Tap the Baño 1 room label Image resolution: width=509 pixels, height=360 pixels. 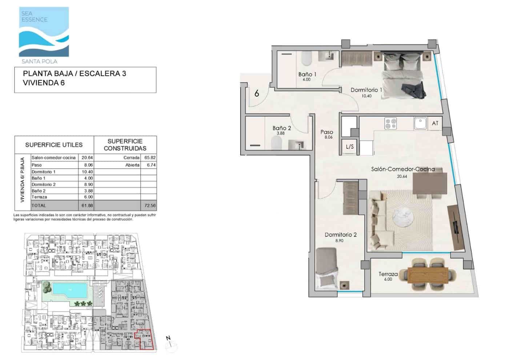(x=307, y=75)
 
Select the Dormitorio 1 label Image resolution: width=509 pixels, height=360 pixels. (x=366, y=90)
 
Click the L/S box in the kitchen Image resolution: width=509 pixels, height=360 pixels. (x=350, y=147)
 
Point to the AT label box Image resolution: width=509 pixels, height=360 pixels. (x=435, y=124)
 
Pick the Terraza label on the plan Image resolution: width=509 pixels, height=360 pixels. (x=388, y=274)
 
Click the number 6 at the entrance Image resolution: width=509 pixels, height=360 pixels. (x=257, y=93)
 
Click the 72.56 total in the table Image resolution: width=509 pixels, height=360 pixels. (x=149, y=205)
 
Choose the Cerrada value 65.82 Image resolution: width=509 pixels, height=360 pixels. (x=149, y=158)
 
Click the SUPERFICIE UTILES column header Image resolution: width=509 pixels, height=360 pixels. (x=54, y=145)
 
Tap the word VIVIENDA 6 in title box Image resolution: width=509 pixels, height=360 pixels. (x=44, y=83)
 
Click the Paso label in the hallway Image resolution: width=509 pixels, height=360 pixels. (x=327, y=132)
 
